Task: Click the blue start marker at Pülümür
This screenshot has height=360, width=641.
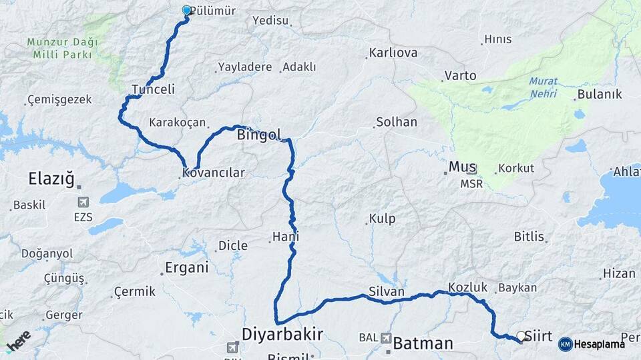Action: click(186, 10)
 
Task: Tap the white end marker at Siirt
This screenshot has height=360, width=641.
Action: click(521, 337)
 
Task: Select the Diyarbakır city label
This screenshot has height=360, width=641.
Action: click(282, 333)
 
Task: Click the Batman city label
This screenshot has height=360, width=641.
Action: click(423, 343)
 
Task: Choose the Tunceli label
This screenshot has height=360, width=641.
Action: click(153, 89)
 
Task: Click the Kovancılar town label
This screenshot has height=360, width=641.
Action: click(213, 173)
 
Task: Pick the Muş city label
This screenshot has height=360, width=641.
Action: click(463, 167)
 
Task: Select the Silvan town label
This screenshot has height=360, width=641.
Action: click(387, 292)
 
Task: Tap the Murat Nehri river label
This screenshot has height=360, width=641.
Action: click(543, 87)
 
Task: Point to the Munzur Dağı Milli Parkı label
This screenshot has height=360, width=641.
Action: click(62, 48)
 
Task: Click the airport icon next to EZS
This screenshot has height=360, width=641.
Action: click(83, 202)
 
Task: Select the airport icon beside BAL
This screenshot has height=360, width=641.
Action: click(387, 339)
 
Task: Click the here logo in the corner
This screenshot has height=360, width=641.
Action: click(18, 341)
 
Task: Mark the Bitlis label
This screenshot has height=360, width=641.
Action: click(529, 237)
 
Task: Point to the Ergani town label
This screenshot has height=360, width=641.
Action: click(186, 268)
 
